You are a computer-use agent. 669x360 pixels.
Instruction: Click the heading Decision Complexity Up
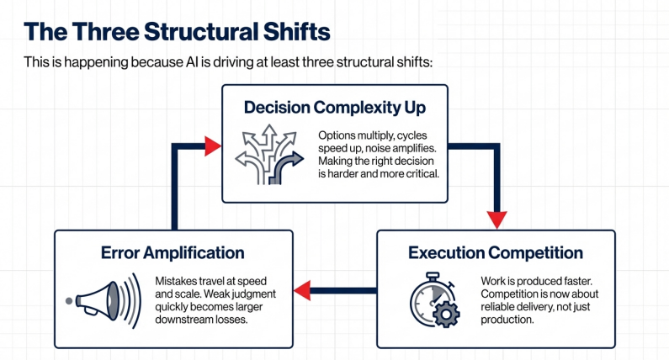click(x=334, y=108)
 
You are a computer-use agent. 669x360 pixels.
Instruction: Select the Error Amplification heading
click(x=173, y=252)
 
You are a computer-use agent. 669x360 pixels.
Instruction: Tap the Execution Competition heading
click(x=495, y=252)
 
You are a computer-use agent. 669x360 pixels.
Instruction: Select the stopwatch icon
click(x=433, y=299)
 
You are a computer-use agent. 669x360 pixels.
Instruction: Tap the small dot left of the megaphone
click(x=67, y=300)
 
